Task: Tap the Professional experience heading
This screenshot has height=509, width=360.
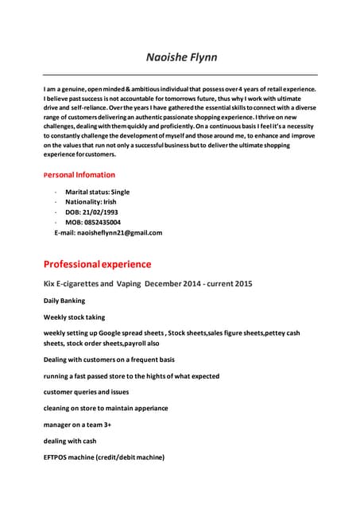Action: [x=97, y=263]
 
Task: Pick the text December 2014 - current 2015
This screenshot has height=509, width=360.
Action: [x=199, y=284]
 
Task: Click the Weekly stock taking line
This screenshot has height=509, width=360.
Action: [x=74, y=317]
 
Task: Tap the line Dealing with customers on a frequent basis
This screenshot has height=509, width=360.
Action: [x=109, y=359]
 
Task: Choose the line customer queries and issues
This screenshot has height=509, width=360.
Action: [x=86, y=392]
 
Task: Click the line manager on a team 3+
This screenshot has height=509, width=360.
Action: [x=77, y=425]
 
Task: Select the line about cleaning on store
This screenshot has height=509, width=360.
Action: [x=106, y=408]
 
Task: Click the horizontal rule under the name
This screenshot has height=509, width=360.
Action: [x=180, y=75]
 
